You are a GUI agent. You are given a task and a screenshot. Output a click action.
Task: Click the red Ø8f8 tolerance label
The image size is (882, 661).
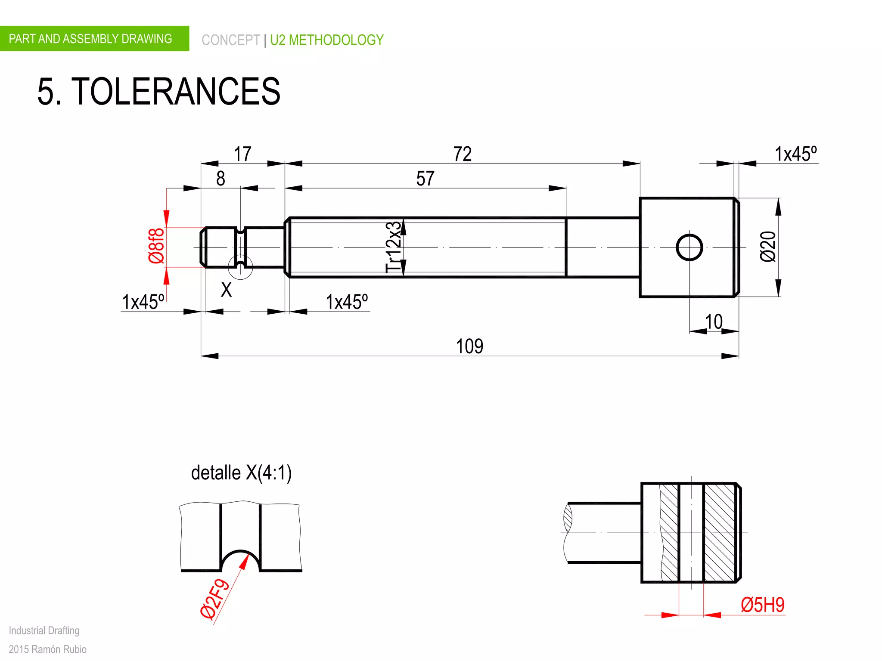[156, 246]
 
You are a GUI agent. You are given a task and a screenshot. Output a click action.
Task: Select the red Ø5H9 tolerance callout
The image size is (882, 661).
[762, 605]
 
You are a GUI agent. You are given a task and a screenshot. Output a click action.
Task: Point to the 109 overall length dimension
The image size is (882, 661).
[469, 346]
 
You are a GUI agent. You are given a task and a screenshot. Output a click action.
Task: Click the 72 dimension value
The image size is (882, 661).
[462, 154]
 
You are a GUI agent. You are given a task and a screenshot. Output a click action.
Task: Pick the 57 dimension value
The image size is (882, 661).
[425, 179]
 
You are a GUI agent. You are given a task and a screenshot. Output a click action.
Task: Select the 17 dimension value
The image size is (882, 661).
[242, 154]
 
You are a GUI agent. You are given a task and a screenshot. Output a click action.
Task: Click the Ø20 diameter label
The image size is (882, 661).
[768, 247]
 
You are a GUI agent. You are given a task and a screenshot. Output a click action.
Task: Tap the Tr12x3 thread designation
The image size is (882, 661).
[393, 247]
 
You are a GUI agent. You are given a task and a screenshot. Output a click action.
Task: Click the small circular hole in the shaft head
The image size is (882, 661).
[689, 247]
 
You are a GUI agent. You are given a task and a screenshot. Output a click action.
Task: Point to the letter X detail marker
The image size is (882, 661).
[226, 290]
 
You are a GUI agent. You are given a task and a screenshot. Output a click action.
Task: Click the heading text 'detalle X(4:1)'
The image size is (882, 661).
[241, 473]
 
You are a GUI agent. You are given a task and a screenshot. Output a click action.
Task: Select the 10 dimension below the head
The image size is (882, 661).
[714, 322]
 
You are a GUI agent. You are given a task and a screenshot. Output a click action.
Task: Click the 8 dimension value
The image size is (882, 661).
[220, 179]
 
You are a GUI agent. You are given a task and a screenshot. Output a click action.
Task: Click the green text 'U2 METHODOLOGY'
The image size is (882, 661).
[326, 40]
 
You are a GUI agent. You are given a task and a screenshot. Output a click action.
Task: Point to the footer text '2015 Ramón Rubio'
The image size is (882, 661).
[47, 649]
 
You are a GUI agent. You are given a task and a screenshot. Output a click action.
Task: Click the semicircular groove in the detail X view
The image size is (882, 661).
[240, 559]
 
